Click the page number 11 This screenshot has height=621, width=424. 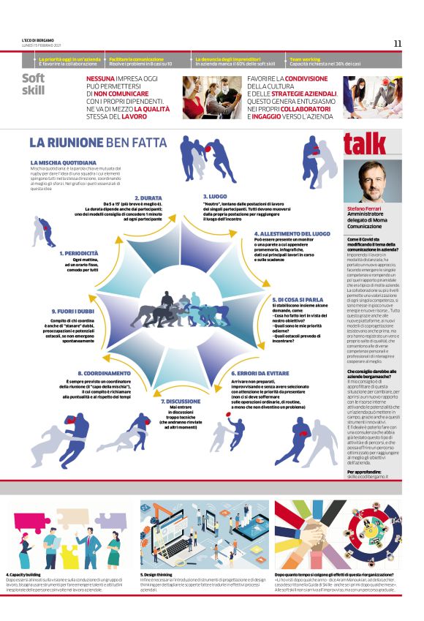coord(397,43)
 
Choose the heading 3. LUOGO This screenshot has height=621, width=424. coord(216,197)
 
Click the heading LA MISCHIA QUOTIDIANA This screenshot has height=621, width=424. coord(64,162)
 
